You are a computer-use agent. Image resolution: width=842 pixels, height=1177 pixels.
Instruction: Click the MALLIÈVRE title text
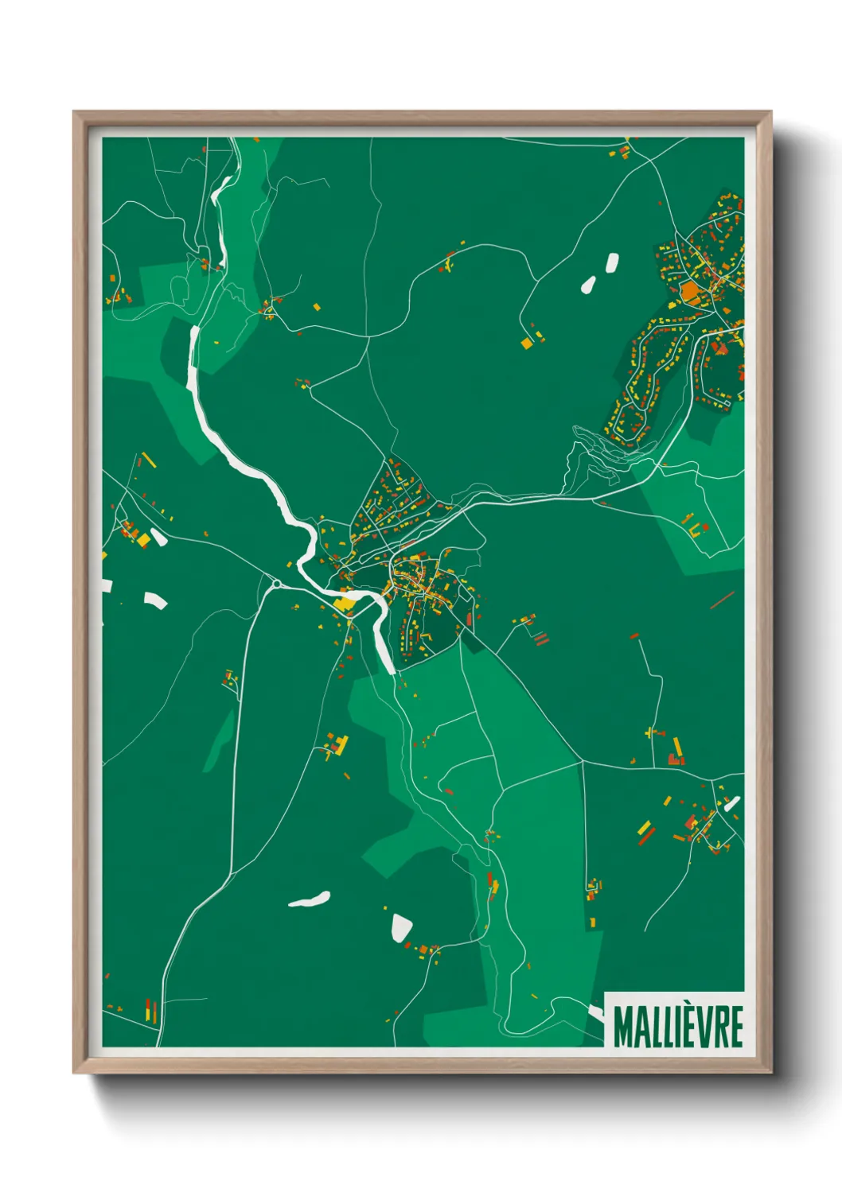point(678,1027)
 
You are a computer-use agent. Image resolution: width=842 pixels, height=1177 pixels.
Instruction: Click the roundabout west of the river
point(276,585)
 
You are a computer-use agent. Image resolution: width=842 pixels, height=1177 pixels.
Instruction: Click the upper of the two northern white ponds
point(611,262)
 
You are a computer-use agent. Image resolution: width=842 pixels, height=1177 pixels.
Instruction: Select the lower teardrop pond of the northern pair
point(588,284)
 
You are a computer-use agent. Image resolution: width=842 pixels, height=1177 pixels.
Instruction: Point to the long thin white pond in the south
point(309,899)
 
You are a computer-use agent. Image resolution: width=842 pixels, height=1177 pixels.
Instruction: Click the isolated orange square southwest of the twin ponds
point(527,343)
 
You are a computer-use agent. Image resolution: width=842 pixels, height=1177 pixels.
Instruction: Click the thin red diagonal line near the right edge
point(722,600)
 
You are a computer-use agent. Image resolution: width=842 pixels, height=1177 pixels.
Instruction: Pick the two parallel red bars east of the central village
point(540,638)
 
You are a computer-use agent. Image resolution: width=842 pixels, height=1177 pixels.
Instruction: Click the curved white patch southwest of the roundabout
point(154,600)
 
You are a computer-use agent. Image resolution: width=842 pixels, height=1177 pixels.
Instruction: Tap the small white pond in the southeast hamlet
point(731,803)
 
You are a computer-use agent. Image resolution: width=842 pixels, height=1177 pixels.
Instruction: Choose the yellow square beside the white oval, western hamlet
point(143,541)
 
